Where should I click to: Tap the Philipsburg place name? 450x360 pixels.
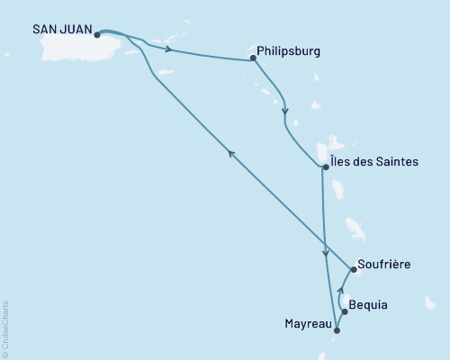click(288, 52)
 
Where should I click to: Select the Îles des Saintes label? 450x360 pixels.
click(373, 162)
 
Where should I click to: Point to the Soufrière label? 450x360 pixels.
click(384, 265)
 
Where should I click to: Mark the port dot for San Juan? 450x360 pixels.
click(96, 36)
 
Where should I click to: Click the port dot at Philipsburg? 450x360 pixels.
click(253, 60)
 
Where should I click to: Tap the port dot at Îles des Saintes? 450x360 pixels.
click(325, 166)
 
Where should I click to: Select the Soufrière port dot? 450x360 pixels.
click(353, 268)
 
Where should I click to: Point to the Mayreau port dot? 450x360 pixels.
click(337, 330)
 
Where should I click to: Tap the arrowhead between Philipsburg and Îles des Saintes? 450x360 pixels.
click(285, 113)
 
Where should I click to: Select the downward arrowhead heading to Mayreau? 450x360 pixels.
click(325, 253)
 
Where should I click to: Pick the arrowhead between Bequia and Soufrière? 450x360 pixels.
click(339, 290)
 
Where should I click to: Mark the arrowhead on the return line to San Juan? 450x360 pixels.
click(231, 154)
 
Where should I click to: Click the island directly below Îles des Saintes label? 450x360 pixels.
click(338, 189)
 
